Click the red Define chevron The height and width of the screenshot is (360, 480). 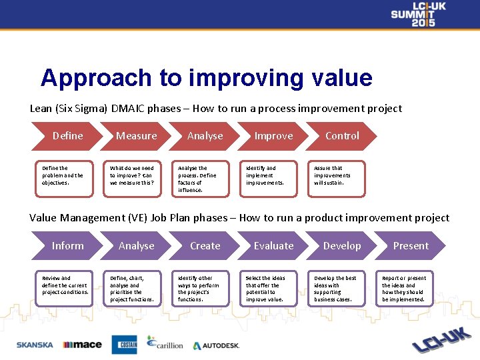[68, 136]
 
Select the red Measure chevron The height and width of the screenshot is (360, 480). [137, 136]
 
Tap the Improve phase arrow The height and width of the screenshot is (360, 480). [273, 136]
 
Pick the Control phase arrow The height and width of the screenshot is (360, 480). [342, 136]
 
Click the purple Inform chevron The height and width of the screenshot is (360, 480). [68, 246]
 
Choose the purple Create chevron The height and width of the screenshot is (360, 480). [205, 246]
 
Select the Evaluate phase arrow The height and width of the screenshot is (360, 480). [273, 246]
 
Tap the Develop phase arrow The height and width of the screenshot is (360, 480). [342, 246]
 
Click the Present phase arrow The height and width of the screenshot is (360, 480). [411, 246]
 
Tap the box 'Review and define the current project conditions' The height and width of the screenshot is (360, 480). [64, 288]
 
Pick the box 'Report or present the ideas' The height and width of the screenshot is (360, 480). [404, 288]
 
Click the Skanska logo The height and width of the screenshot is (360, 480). [35, 345]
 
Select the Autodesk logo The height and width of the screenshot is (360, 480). [216, 346]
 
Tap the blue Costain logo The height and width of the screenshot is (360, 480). [124, 345]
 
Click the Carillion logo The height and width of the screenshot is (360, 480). [166, 343]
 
